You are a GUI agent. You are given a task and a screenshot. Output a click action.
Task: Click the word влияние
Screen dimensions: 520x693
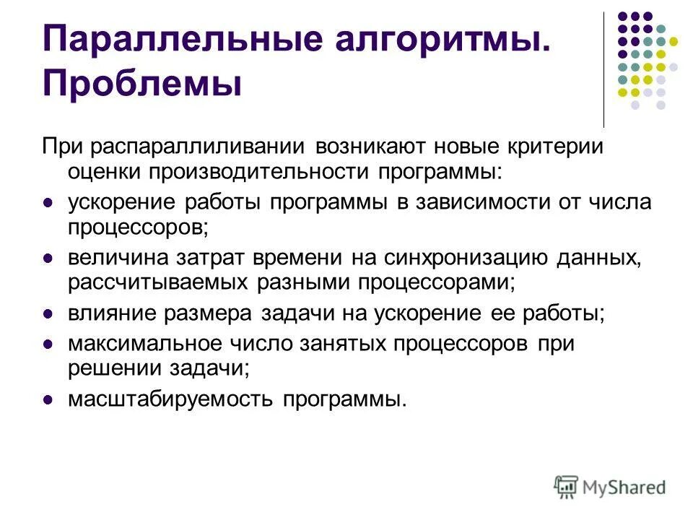[x=105, y=314]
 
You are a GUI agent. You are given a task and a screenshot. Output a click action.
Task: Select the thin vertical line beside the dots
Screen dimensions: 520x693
[x=603, y=69]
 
